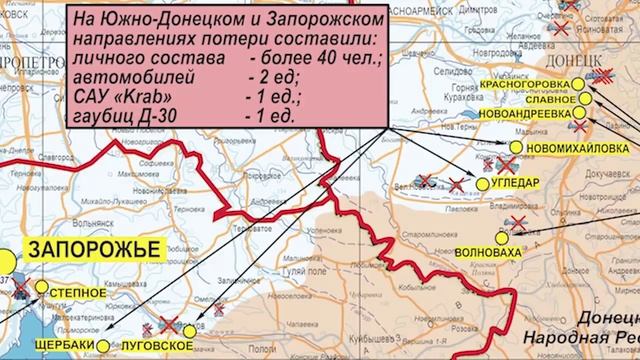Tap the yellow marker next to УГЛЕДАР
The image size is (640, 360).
point(482,185)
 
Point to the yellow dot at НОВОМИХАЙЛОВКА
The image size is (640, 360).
point(515,148)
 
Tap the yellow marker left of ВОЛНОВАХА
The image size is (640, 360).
point(502,238)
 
